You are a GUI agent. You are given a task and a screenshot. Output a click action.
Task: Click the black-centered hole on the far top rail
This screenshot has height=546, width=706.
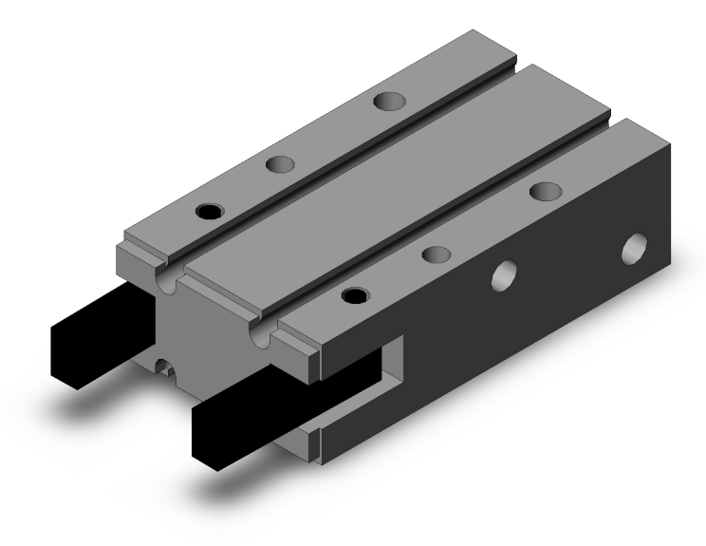click(x=206, y=209)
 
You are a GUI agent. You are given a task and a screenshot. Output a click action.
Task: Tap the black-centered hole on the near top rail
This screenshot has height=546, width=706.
click(x=354, y=295)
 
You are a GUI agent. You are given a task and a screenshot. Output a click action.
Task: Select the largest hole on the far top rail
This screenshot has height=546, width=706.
click(x=386, y=100)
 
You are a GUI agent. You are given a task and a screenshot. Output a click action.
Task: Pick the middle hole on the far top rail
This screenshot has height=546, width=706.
click(x=279, y=164)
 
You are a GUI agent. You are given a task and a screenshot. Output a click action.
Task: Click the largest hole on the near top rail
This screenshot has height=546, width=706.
click(x=545, y=191)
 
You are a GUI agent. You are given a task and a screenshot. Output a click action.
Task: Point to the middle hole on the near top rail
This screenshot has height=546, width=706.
click(x=436, y=254)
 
